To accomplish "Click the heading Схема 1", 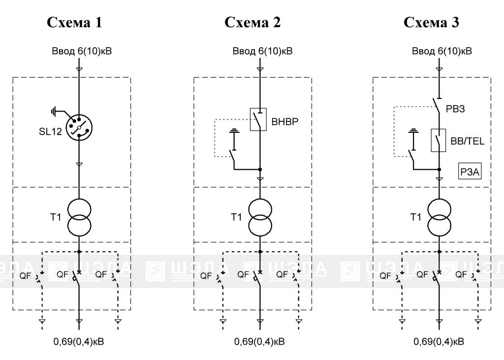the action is (74, 23).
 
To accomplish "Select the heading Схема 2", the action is (252, 23).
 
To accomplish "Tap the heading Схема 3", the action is (431, 23).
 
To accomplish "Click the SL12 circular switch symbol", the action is (79, 127).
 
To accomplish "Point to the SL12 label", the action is (50, 132).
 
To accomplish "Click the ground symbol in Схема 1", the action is (53, 112).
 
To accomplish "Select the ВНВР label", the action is (285, 121).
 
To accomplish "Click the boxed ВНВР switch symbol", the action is (258, 120).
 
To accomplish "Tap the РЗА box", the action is (470, 172).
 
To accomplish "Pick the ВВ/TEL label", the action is (468, 141).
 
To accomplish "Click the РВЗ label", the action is (455, 109).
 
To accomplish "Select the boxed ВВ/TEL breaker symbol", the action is (438, 140).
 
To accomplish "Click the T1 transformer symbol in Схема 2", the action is (260, 217).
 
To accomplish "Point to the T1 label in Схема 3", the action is (415, 217).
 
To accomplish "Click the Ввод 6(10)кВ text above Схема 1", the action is (82, 51).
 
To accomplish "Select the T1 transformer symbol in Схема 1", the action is (79, 217).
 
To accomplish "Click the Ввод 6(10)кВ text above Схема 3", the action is (442, 51).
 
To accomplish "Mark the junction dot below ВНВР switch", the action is (260, 169).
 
